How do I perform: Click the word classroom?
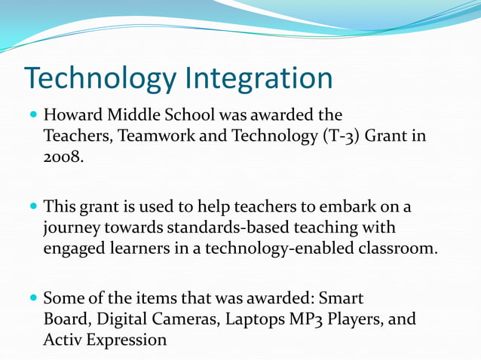tap(400, 248)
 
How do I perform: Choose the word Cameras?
tap(173, 318)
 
